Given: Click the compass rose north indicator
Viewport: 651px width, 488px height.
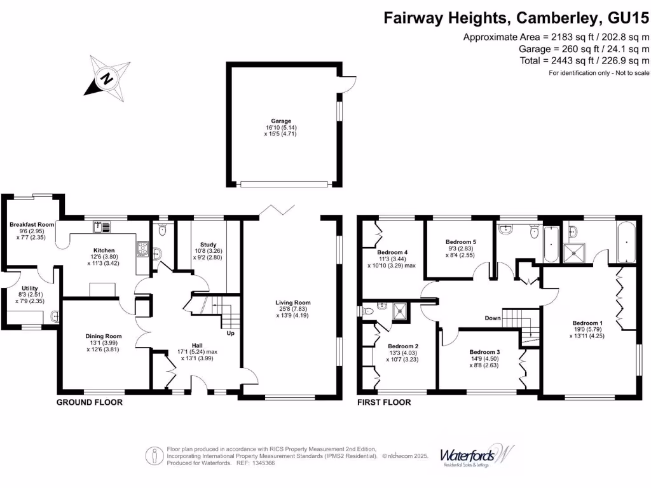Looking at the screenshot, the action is coord(107,78).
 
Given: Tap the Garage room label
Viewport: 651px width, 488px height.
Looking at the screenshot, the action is coord(281,121).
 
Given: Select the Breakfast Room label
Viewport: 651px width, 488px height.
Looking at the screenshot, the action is coord(32,224).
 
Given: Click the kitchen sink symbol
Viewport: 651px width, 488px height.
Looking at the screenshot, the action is coord(102,227).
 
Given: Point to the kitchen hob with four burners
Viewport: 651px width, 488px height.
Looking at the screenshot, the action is coord(142,248).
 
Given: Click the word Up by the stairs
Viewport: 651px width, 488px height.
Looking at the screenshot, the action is coord(230,333).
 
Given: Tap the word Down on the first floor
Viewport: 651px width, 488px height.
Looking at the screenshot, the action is coord(493,318).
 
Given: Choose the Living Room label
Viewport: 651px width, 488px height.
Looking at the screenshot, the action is coord(292,302).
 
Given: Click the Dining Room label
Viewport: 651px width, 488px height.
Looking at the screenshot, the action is coord(104,336).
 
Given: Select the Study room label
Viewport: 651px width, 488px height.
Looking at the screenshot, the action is coord(208,245).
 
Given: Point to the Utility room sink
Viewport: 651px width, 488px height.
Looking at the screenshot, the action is coord(55,316).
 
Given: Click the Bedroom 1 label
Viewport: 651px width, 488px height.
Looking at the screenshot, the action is coord(587,323).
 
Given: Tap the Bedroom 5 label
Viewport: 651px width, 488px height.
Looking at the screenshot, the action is coord(461,242).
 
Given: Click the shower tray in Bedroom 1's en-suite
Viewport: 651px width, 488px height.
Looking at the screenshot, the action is coord(574,253).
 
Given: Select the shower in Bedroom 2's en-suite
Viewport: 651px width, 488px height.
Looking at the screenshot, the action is coord(401,312).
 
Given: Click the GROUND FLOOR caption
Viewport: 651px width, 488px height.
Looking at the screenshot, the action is coord(90,402).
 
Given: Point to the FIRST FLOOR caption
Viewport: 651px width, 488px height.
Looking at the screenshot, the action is coord(384,402).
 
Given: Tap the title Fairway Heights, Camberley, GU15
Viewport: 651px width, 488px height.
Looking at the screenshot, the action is coord(516,18).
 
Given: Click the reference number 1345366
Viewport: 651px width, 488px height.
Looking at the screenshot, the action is coord(263,463).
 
